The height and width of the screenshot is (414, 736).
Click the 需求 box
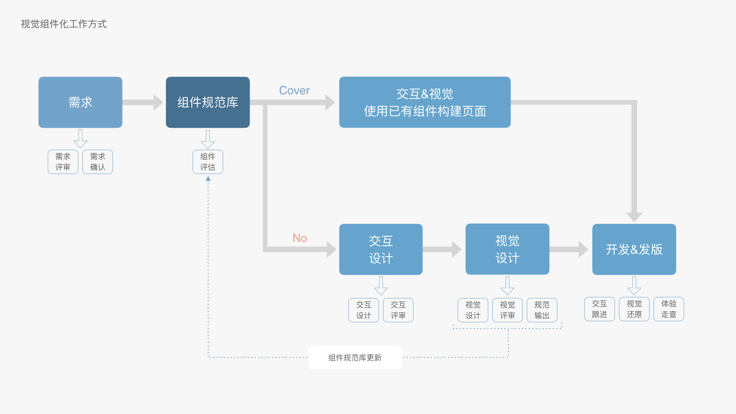click(80, 102)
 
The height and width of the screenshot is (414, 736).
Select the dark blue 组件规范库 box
click(208, 102)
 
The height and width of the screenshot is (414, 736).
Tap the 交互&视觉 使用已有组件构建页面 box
click(425, 102)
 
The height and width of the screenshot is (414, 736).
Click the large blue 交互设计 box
click(381, 249)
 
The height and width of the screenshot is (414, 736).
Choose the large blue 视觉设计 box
click(507, 249)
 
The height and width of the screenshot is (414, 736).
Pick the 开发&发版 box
click(634, 249)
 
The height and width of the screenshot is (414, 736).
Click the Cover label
click(294, 90)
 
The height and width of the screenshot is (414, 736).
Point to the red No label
click(299, 238)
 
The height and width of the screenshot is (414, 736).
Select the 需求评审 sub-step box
click(63, 162)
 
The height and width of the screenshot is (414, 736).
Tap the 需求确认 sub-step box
click(98, 162)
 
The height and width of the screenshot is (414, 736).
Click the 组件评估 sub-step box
click(208, 162)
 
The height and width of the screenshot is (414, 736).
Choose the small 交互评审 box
click(398, 310)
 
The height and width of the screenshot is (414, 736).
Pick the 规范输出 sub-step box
click(542, 310)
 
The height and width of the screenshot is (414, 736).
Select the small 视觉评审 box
click(507, 310)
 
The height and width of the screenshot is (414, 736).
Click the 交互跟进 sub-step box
click(600, 309)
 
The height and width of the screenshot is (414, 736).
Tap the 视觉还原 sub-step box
click(634, 309)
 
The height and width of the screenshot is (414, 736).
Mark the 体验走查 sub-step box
click(669, 309)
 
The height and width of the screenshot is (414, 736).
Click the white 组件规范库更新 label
click(355, 358)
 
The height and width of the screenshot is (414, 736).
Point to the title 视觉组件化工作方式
click(64, 24)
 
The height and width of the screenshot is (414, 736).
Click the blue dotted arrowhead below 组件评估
click(208, 179)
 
